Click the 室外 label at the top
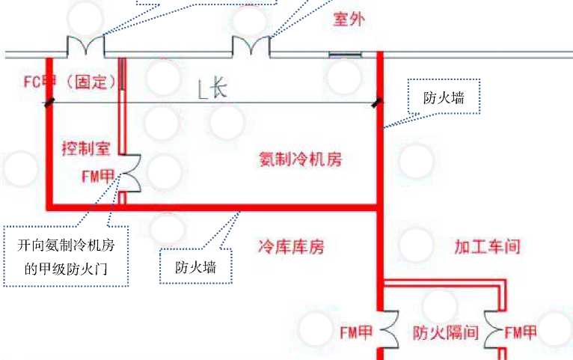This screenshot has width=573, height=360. coord(349,20)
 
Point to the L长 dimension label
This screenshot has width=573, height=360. coord(212,89)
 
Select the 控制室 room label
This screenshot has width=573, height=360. coord(86,149)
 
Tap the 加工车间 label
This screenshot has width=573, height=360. coord(487,245)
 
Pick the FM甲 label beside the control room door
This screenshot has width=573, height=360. coord(97,177)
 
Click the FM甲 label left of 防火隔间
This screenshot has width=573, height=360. coord(355,332)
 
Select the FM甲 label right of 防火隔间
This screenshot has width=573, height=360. coord(521,332)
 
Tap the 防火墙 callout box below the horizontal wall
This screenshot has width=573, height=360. coord(196,266)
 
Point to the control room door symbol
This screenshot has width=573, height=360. coord(129,173)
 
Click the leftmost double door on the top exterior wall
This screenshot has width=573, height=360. coord(85,46)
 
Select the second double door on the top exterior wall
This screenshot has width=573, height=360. coord(251,46)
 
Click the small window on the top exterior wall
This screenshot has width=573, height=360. coord(346,54)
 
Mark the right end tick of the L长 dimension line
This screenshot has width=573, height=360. coord(378,103)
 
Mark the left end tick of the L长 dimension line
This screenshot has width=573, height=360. coord(49,103)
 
